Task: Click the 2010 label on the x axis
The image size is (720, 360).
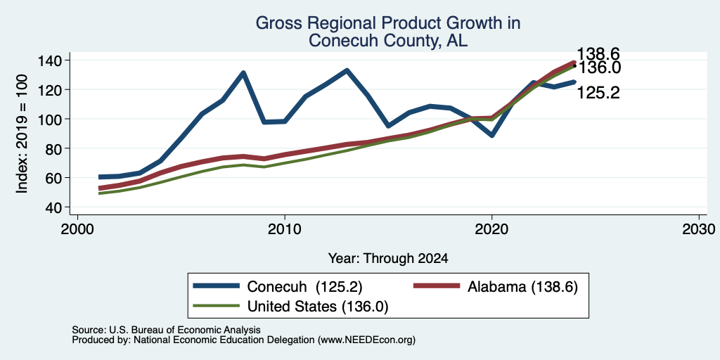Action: [285, 229]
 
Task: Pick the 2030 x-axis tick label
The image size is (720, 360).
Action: [699, 229]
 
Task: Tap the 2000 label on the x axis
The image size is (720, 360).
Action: [77, 229]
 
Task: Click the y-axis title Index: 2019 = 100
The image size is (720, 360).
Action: [22, 134]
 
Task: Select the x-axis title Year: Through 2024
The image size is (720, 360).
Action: [388, 259]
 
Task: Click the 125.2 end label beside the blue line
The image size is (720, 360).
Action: [598, 93]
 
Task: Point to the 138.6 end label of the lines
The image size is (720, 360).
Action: [598, 53]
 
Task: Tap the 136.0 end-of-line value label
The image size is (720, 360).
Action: [599, 67]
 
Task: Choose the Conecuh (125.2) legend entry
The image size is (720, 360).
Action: [278, 287]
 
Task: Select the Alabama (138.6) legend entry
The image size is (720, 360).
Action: [496, 287]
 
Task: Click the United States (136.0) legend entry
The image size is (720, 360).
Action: [290, 307]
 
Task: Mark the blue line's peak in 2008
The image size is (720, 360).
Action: [243, 72]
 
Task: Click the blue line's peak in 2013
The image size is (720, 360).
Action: [347, 71]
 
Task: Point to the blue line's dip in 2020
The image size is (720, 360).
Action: [491, 136]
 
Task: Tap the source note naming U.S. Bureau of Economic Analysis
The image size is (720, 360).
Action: [166, 330]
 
